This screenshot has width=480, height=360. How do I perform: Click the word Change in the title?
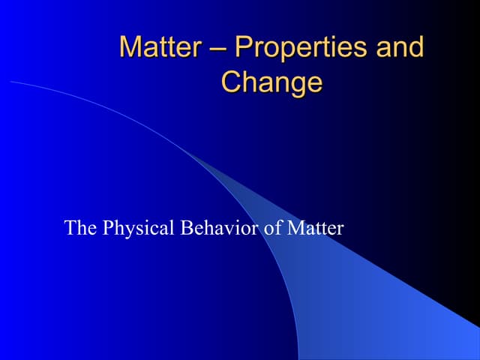tap(271, 82)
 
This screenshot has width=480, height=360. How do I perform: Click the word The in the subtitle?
tap(79, 227)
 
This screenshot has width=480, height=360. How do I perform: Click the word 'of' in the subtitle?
tap(268, 227)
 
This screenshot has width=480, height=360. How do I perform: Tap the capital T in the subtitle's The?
tap(70, 227)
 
